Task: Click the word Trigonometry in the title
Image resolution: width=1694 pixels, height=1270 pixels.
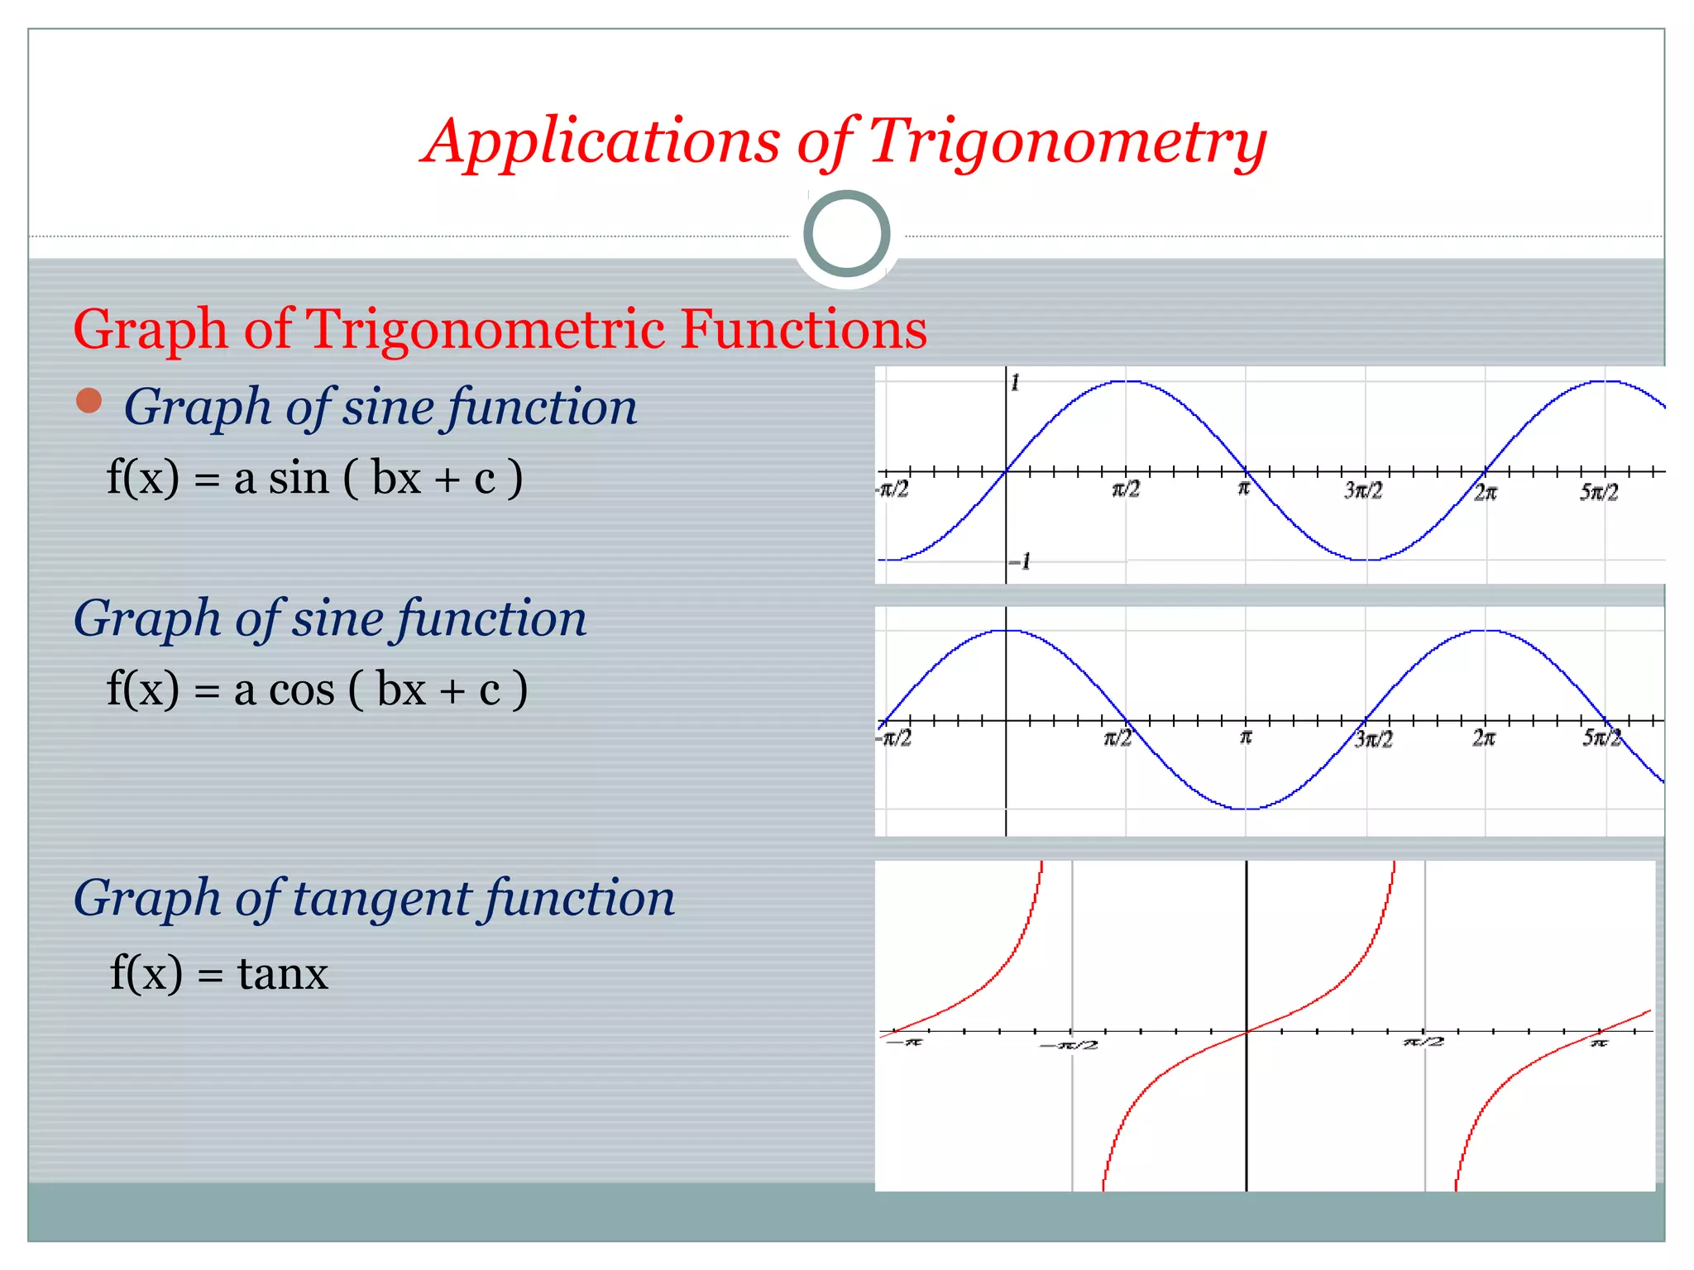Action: tap(1067, 142)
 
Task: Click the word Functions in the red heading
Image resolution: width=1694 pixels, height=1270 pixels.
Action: tap(803, 329)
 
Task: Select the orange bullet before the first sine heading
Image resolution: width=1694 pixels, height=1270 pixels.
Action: tap(89, 401)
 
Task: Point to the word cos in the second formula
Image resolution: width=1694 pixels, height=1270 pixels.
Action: tap(302, 690)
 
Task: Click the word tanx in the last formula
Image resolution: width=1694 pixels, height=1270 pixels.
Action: tap(283, 973)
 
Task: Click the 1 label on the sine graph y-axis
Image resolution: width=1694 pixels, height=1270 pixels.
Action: tap(1016, 382)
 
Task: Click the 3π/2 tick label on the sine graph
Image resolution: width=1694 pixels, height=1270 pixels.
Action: tap(1362, 490)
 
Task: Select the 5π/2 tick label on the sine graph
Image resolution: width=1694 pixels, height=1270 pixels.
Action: tap(1598, 492)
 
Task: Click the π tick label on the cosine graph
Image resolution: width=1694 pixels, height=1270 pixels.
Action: tap(1246, 736)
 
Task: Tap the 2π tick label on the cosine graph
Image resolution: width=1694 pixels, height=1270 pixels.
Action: tap(1483, 738)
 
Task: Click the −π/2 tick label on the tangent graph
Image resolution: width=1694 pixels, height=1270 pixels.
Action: tap(1069, 1045)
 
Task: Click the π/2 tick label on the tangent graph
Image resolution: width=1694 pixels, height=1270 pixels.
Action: tap(1424, 1042)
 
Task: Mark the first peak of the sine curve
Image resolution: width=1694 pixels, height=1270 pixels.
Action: tap(1126, 381)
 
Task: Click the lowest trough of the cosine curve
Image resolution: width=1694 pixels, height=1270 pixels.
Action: tap(1247, 809)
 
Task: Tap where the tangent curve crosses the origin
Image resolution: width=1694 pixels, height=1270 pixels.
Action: tap(1247, 1031)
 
